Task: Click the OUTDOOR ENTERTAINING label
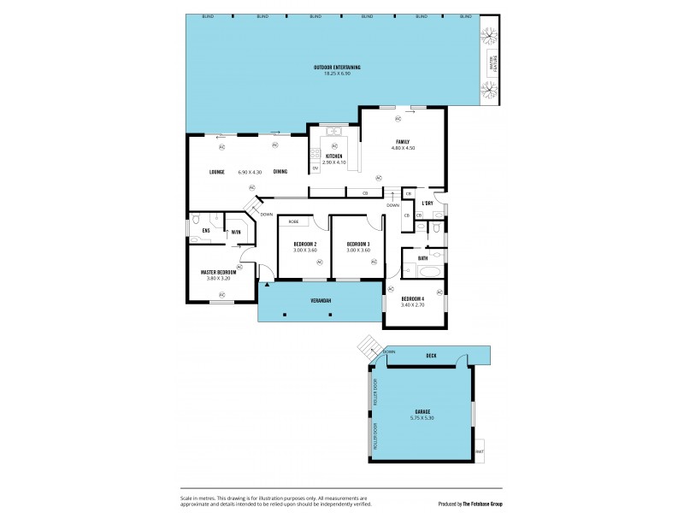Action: point(336,67)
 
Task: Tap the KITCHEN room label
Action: point(334,156)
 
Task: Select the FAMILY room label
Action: point(402,142)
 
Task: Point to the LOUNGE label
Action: point(217,172)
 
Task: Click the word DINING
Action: point(280,172)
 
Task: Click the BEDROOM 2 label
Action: point(305,244)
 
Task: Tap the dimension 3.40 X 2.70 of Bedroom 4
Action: point(413,304)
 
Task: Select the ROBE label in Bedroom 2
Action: point(293,221)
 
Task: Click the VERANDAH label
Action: point(320,301)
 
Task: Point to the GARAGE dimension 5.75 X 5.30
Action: point(422,418)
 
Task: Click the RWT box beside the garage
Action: point(480,452)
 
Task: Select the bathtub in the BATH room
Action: point(421,274)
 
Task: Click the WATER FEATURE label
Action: point(492,65)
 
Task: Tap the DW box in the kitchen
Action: point(315,168)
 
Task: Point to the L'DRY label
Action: point(428,203)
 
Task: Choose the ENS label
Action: point(205,231)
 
